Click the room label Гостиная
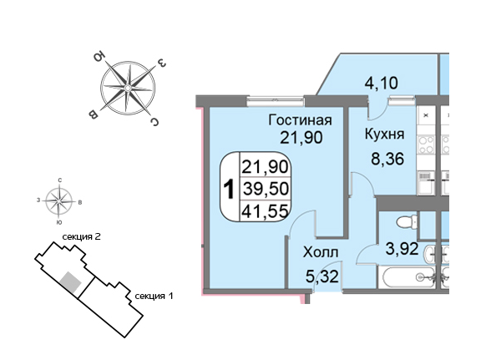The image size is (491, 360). point(300,120)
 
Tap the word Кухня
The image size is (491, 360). point(384,134)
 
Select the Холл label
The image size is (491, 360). point(321,252)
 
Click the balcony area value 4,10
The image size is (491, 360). point(382,84)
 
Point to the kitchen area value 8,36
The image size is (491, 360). point(387,159)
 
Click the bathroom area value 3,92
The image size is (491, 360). point(402,249)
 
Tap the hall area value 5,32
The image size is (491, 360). point(322,277)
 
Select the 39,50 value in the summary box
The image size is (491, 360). point(266,189)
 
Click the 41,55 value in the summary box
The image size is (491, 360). point(265,211)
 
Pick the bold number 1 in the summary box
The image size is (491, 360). point(230,190)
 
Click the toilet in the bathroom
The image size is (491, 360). point(407,222)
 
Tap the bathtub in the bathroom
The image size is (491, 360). point(407,277)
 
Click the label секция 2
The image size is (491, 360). point(82,237)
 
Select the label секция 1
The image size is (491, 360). point(154,296)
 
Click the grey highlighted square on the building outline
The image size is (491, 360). point(71,282)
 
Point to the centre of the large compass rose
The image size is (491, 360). point(128,88)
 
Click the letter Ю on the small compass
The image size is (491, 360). point(58,222)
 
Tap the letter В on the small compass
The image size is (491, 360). point(80,203)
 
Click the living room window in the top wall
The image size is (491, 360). point(276,101)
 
